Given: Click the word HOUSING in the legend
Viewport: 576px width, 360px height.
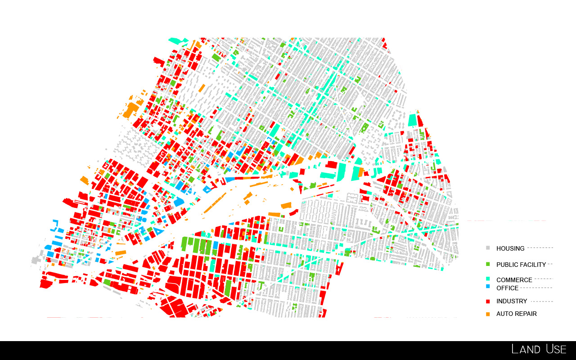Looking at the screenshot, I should coord(510,248).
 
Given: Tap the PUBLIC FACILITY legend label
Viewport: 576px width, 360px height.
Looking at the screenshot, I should coord(521,265).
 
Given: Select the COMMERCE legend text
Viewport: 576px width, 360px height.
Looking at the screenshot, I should coord(514,280).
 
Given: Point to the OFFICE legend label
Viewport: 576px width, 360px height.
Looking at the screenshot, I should coord(507,288).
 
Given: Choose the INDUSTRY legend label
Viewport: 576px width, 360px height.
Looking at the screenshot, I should coord(512,301).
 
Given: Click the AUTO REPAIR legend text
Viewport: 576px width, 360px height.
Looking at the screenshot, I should coord(516,314).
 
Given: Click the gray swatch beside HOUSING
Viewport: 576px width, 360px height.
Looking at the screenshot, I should coord(488,247).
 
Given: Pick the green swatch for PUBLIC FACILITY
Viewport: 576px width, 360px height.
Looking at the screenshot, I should coord(488,264).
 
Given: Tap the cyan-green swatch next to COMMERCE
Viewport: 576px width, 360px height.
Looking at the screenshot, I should coord(488,279).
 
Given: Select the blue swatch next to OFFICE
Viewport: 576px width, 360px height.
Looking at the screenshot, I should coord(488,287).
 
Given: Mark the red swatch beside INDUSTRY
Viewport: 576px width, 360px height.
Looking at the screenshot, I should coord(488,301).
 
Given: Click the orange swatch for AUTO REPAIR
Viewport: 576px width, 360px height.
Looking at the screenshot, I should coord(488,314).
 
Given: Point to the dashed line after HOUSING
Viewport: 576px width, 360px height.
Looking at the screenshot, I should coord(540,248).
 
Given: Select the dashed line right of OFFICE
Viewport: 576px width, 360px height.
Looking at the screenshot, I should coord(536,288).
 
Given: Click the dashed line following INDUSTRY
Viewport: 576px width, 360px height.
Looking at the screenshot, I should coord(542,301).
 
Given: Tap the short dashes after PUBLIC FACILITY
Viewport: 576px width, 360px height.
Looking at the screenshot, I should coord(550,264).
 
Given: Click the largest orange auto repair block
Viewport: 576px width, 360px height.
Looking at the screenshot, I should coord(131,110).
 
